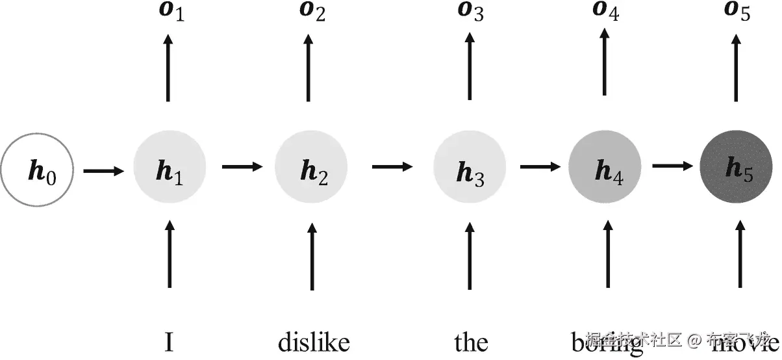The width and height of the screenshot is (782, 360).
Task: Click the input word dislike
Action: pyautogui.click(x=314, y=341)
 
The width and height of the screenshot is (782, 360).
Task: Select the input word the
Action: pyautogui.click(x=471, y=341)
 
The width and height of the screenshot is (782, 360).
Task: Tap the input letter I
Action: pyautogui.click(x=169, y=341)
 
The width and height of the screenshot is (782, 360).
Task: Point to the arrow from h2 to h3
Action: pyautogui.click(x=392, y=166)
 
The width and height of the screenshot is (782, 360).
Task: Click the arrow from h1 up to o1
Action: pyautogui.click(x=169, y=68)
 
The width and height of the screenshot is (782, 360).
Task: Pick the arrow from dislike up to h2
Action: pyautogui.click(x=312, y=257)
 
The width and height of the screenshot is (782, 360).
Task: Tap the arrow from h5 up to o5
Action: pyautogui.click(x=737, y=68)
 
